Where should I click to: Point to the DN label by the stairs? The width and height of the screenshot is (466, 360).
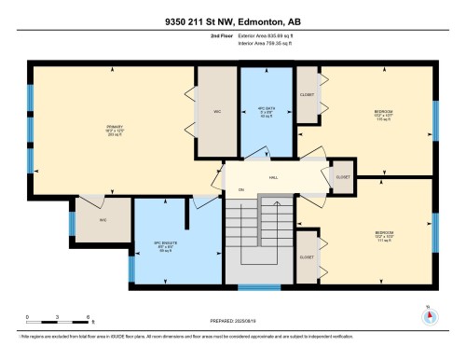(x=240, y=190)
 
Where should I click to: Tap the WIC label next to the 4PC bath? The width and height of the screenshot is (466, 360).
(x=215, y=113)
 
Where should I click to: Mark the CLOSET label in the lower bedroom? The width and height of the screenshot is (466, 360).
(x=306, y=255)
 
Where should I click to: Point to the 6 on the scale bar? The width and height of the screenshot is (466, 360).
(x=88, y=318)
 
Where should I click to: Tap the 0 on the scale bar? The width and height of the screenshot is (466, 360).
(x=28, y=318)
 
